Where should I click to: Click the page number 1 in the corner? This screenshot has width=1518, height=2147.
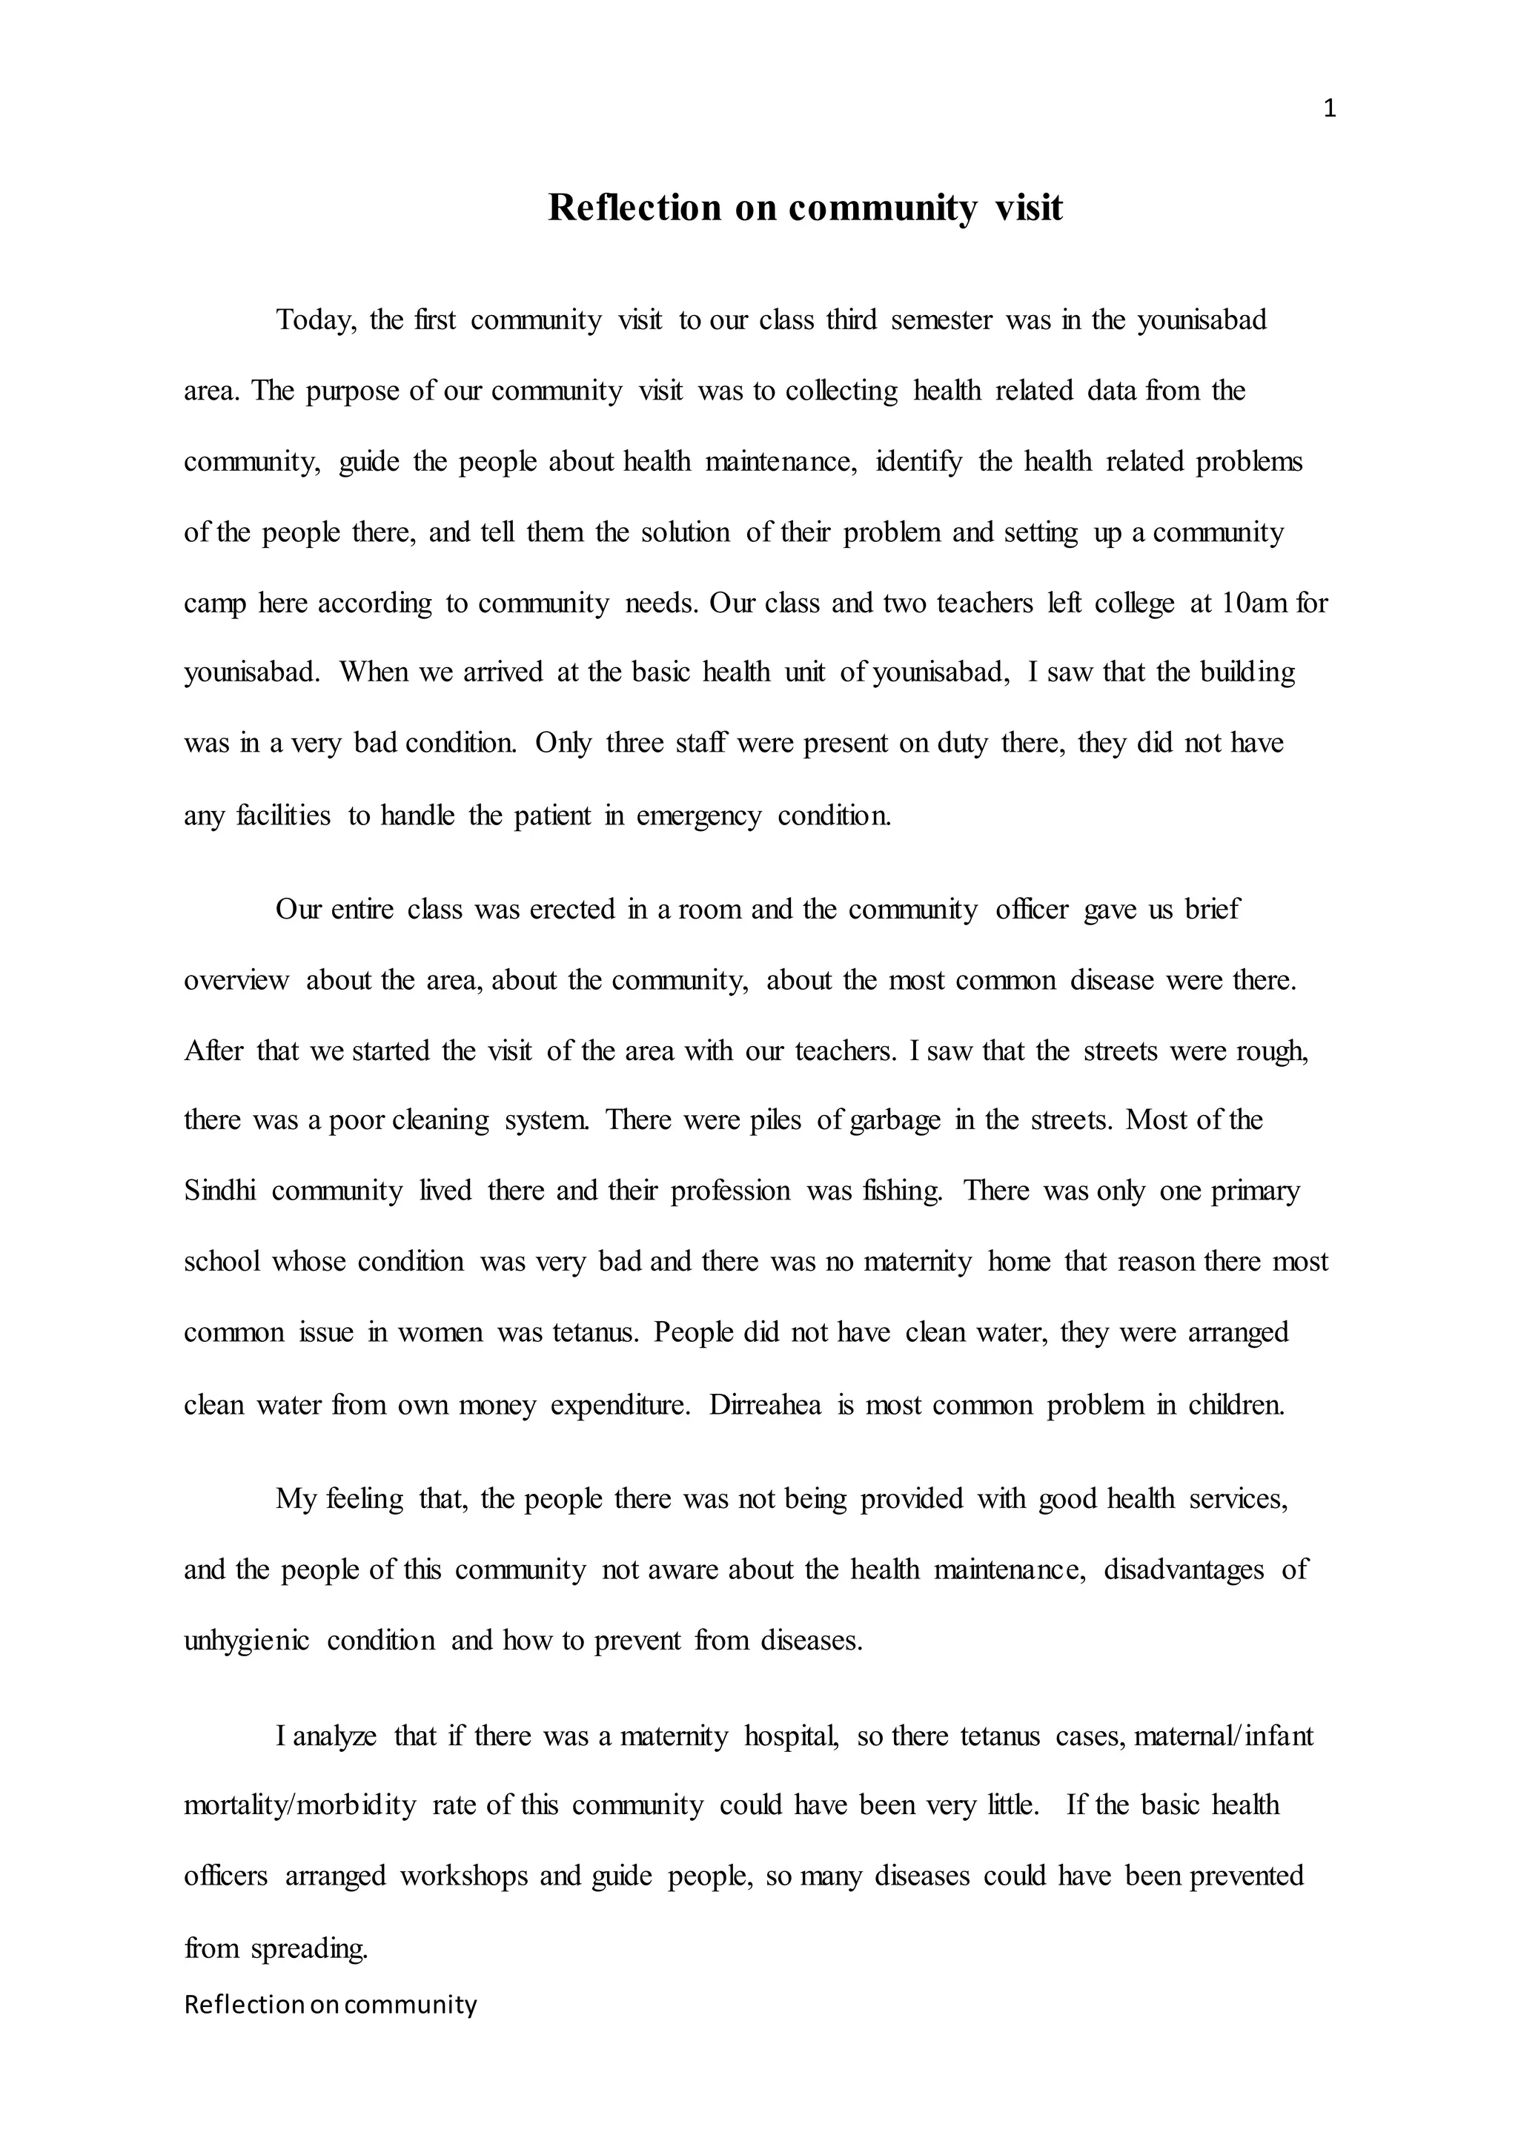(x=1330, y=110)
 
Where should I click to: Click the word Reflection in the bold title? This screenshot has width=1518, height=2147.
(x=634, y=208)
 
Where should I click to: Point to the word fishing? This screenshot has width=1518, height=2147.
(x=898, y=1191)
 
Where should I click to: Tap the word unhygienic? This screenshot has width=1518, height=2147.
(x=247, y=1640)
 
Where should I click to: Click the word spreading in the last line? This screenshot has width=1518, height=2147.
(x=308, y=1949)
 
